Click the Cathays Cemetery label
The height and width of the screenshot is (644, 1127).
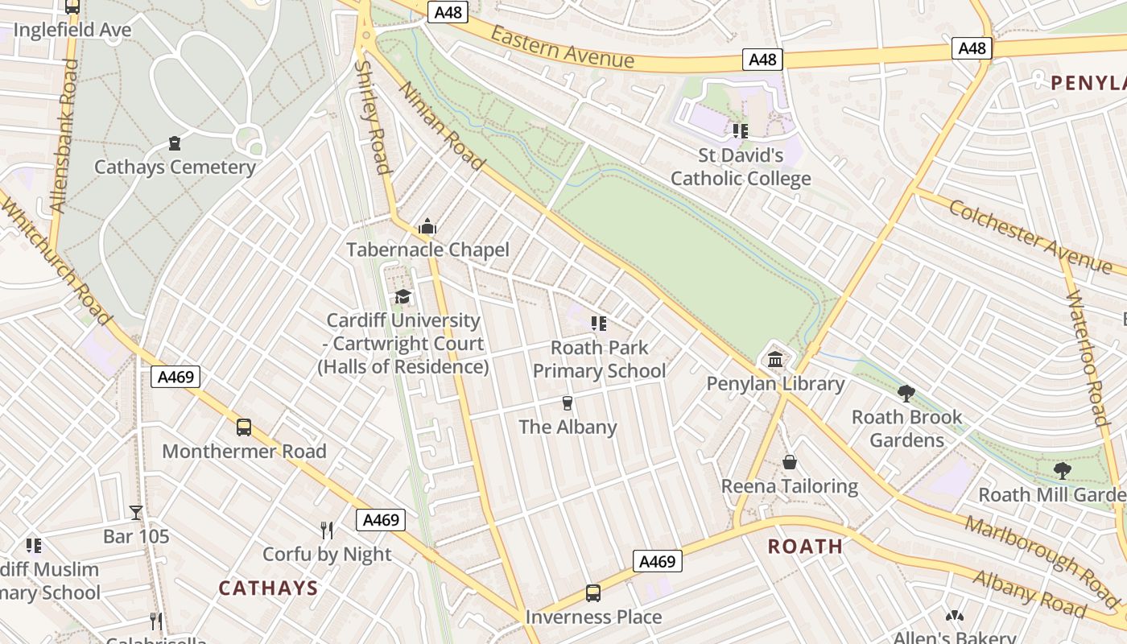point(175,167)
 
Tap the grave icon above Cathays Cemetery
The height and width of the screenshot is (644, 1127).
point(175,144)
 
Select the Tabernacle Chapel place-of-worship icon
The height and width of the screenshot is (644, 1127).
point(427,226)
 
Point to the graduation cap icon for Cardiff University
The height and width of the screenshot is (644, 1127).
point(402,297)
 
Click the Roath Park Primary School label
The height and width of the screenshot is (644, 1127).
point(599,359)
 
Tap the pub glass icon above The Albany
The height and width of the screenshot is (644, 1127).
point(568,403)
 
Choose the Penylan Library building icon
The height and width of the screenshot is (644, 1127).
point(775,359)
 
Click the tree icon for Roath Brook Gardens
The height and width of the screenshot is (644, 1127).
point(906,393)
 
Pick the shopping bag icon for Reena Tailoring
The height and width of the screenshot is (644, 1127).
point(790,463)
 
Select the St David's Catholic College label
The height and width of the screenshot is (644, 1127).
point(741,167)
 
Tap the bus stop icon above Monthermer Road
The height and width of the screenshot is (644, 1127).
point(244,427)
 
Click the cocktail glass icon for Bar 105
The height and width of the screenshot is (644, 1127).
point(136,512)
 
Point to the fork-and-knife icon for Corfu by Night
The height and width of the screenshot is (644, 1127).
point(327,530)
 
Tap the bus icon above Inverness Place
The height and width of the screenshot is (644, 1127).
point(593,593)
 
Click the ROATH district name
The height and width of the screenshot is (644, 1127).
point(805,547)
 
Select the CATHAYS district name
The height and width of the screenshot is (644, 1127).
point(268,588)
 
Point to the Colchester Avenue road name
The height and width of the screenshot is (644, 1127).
point(1030,237)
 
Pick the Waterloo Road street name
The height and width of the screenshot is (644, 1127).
point(1088,357)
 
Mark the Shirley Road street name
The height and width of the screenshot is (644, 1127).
point(373,117)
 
